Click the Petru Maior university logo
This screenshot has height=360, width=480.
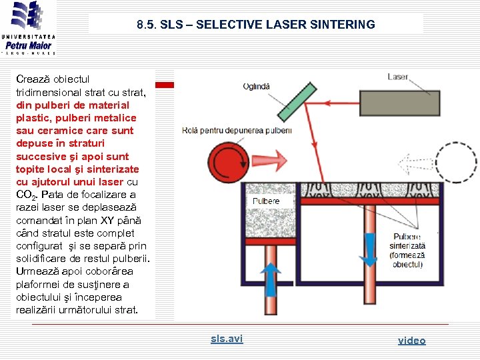[x=28, y=28]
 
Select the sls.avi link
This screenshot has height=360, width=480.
[x=227, y=339]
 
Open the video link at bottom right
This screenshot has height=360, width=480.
[x=411, y=340]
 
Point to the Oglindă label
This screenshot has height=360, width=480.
[x=257, y=86]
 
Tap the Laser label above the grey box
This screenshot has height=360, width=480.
[x=397, y=77]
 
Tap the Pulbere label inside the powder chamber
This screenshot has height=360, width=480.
[x=266, y=201]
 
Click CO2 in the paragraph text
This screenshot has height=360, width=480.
[x=25, y=195]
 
